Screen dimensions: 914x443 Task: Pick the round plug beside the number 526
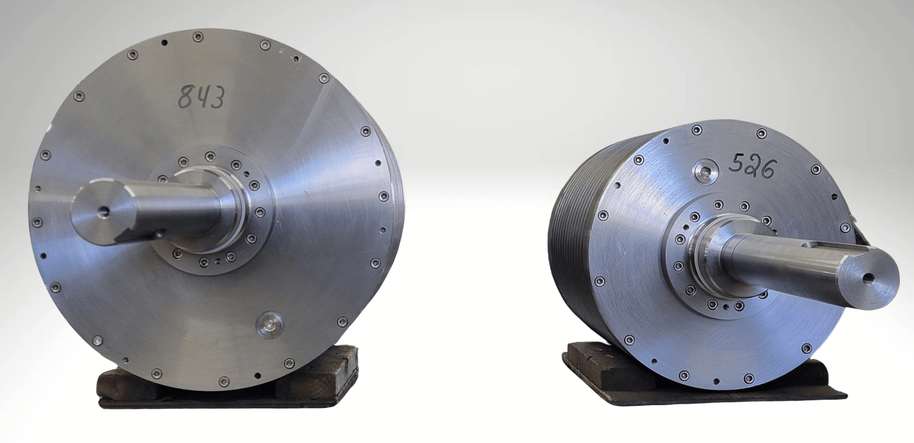(x=707, y=173)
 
